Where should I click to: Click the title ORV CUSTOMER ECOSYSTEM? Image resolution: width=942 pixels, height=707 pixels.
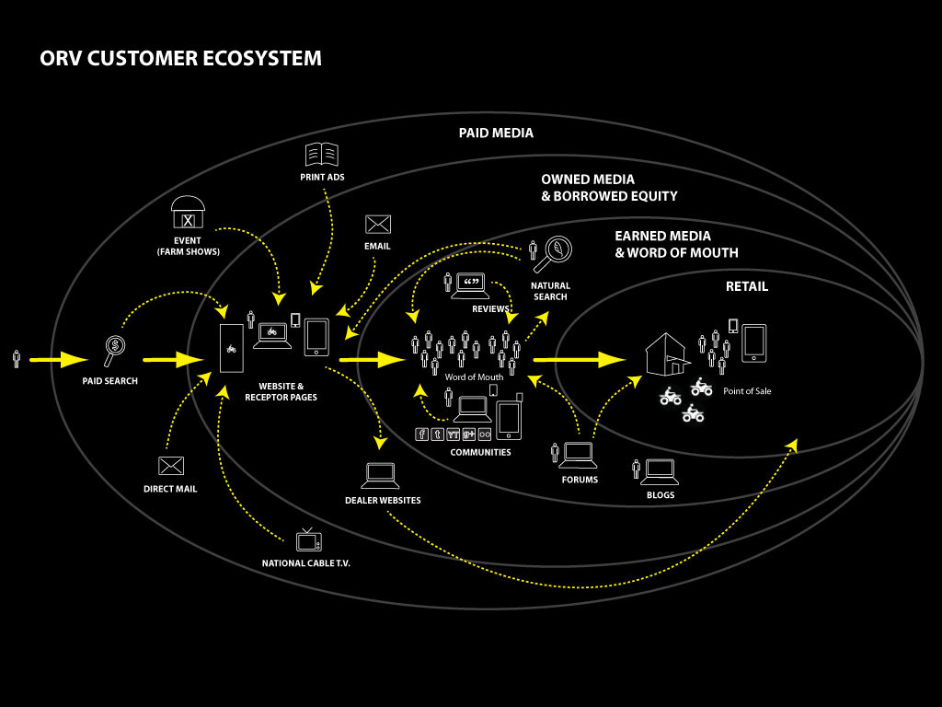180,59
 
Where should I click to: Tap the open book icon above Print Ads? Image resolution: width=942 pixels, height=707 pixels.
322,155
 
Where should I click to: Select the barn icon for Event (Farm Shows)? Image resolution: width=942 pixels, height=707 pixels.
188,213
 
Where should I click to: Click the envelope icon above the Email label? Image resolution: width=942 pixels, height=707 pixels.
378,225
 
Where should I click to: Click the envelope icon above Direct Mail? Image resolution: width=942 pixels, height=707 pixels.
170,466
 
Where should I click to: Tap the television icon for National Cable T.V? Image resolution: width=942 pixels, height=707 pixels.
307,540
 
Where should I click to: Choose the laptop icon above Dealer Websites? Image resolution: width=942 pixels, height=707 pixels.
381,476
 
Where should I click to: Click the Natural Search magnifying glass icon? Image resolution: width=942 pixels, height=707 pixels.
557,250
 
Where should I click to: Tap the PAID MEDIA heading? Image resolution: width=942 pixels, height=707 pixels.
496,133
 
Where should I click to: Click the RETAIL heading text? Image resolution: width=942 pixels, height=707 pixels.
746,286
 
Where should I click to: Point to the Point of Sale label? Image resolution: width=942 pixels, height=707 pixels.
747,391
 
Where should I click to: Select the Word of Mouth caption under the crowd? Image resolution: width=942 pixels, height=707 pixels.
474,377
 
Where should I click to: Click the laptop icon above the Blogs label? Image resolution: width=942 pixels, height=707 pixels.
660,471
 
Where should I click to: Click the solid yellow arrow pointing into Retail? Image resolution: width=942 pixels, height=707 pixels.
580,359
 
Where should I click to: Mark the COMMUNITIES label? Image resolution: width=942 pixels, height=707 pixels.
480,453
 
